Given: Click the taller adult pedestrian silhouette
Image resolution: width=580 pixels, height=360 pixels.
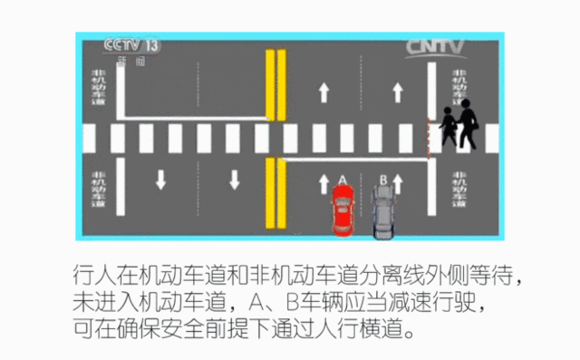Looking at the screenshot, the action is coord(467,124).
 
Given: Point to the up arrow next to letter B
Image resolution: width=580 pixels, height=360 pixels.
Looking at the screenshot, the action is coord(397,182).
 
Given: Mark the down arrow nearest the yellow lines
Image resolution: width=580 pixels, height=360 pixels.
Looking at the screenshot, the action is coord(234,180).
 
